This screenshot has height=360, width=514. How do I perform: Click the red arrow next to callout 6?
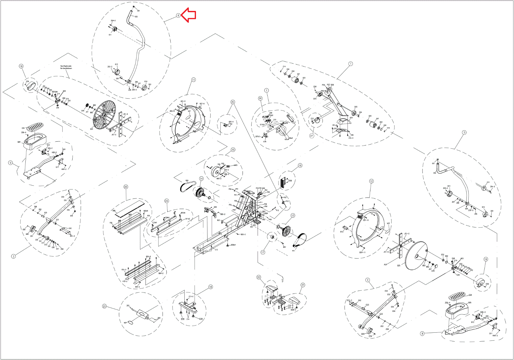189,15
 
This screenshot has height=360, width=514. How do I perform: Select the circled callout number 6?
178,15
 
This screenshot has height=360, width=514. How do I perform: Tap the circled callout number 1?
350,64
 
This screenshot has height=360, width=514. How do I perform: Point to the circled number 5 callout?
464,132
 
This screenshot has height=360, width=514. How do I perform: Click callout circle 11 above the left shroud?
193,80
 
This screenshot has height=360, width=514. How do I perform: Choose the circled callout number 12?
371,181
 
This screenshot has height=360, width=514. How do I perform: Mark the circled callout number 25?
233,102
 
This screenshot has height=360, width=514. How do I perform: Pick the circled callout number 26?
260,98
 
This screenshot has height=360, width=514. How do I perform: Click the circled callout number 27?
312,136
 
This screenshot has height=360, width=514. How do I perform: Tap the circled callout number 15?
233,150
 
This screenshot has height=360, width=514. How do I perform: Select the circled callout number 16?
300,166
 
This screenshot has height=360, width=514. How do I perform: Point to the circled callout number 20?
126,187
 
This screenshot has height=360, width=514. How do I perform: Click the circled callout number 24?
166,201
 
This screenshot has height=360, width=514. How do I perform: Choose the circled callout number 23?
104,306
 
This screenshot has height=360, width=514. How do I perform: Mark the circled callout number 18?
210,287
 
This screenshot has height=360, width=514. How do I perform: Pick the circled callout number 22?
259,277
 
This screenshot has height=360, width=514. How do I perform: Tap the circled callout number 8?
422,333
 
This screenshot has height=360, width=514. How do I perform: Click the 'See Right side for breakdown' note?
66,67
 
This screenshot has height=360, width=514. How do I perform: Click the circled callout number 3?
13,256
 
